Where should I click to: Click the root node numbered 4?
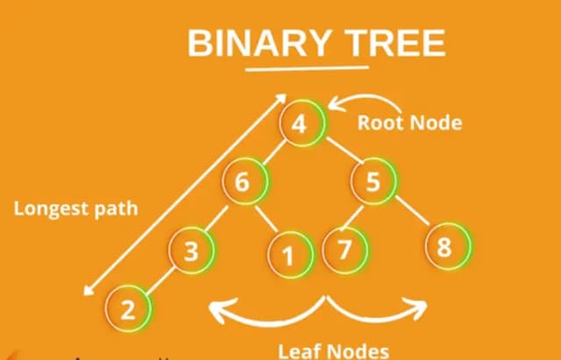[301, 124]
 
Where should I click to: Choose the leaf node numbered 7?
[344, 250]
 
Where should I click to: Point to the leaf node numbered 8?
[444, 247]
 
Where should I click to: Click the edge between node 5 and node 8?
[408, 215]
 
